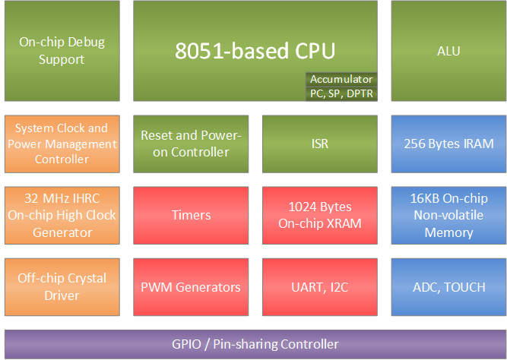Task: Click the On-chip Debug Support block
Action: pyautogui.click(x=62, y=51)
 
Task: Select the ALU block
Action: pyautogui.click(x=448, y=51)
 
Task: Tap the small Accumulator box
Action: pyautogui.click(x=341, y=79)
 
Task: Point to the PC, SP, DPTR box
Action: pyautogui.click(x=341, y=93)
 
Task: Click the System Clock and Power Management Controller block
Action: pyautogui.click(x=62, y=144)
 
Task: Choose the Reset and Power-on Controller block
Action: pyautogui.click(x=191, y=144)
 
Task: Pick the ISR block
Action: pyautogui.click(x=320, y=144)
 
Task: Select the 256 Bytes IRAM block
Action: pyautogui.click(x=448, y=144)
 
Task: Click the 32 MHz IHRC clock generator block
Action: pyautogui.click(x=62, y=215)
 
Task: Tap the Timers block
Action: pyautogui.click(x=191, y=215)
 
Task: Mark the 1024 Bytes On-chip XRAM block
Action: pyautogui.click(x=320, y=215)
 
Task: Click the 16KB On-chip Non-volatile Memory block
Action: pyautogui.click(x=448, y=215)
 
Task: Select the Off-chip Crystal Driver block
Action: pyautogui.click(x=62, y=286)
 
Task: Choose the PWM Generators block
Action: pyautogui.click(x=191, y=286)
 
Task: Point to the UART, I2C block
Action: pyautogui.click(x=320, y=286)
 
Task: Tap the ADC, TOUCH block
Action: pyautogui.click(x=448, y=286)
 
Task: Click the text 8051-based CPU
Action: pyautogui.click(x=255, y=51)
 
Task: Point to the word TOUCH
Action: pyautogui.click(x=465, y=287)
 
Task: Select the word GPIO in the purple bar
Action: pyautogui.click(x=187, y=344)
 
